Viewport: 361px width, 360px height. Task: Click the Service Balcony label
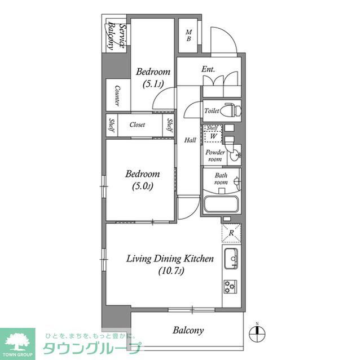pyautogui.click(x=115, y=36)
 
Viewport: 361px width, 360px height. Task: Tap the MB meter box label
pyautogui.click(x=189, y=35)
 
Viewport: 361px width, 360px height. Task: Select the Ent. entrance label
pyautogui.click(x=209, y=70)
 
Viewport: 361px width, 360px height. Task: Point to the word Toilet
pyautogui.click(x=212, y=111)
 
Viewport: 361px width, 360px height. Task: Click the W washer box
pyautogui.click(x=213, y=135)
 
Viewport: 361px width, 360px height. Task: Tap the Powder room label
pyautogui.click(x=214, y=156)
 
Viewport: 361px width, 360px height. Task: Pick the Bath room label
pyautogui.click(x=220, y=179)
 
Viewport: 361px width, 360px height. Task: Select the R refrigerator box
pyautogui.click(x=231, y=232)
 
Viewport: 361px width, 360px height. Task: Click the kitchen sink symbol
pyautogui.click(x=231, y=259)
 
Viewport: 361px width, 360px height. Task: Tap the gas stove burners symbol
pyautogui.click(x=231, y=287)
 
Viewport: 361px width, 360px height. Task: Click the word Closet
pyautogui.click(x=137, y=125)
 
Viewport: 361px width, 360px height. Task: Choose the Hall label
pyautogui.click(x=190, y=140)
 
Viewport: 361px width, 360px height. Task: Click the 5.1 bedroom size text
pyautogui.click(x=152, y=85)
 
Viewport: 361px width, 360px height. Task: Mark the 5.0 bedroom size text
pyautogui.click(x=142, y=186)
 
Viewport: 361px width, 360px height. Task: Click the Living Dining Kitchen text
pyautogui.click(x=169, y=259)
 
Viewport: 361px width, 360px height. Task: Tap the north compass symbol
pyautogui.click(x=257, y=331)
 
